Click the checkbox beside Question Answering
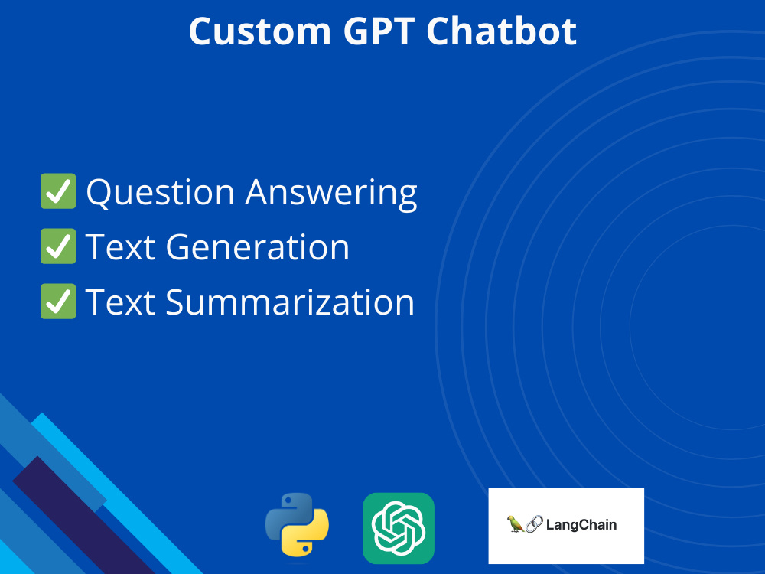coord(58,191)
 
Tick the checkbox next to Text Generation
coord(58,246)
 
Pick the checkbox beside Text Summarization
coord(58,302)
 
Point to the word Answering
coord(331,193)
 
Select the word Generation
coord(258,247)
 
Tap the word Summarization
coord(290,302)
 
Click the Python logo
coord(297,525)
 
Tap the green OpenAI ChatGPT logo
coord(399,528)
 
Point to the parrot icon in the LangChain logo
coord(515,524)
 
